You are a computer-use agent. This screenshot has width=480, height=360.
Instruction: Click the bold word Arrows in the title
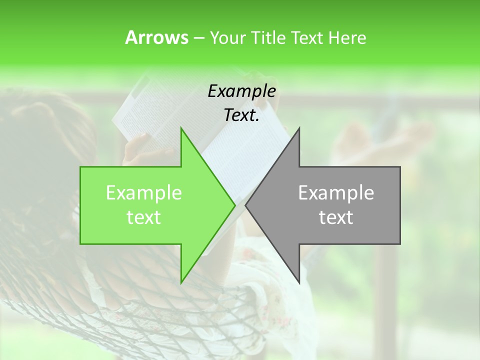pyautogui.click(x=156, y=37)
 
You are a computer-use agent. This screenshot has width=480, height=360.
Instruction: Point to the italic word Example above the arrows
pyautogui.click(x=241, y=91)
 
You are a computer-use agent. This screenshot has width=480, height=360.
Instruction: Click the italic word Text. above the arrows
pyautogui.click(x=241, y=115)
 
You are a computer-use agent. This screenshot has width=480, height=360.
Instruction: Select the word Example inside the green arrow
pyautogui.click(x=143, y=193)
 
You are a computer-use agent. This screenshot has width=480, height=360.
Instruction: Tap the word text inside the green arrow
pyautogui.click(x=143, y=217)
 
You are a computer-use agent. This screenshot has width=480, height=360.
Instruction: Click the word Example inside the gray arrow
pyautogui.click(x=336, y=193)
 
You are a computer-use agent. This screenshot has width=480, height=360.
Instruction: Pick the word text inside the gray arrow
pyautogui.click(x=336, y=217)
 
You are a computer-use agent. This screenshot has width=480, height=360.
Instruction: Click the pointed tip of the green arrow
pyautogui.click(x=234, y=205)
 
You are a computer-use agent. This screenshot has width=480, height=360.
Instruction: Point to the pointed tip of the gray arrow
pyautogui.click(x=246, y=205)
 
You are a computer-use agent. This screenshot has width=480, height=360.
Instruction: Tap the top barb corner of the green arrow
pyautogui.click(x=181, y=128)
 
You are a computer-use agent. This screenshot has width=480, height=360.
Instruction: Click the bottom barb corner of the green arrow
pyautogui.click(x=181, y=283)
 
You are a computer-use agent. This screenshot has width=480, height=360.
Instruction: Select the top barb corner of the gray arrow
pyautogui.click(x=299, y=128)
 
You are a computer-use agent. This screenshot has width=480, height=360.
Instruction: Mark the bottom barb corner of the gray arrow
pyautogui.click(x=299, y=283)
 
